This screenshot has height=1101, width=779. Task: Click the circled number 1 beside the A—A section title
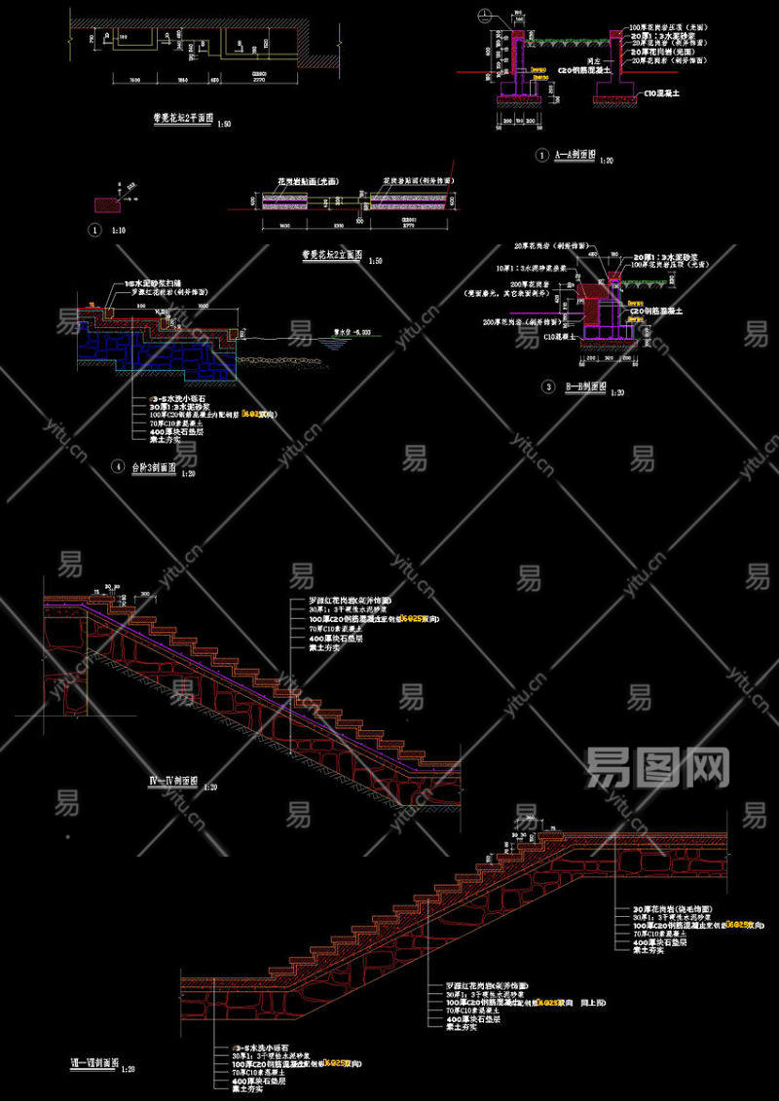pos(542,155)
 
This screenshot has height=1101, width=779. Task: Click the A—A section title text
pos(574,155)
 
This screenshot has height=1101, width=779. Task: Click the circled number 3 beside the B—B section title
pos(548,386)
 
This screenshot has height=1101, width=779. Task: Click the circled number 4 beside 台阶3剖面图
pos(118,467)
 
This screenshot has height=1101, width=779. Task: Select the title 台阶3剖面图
pos(153,467)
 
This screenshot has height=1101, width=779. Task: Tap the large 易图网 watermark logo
pos(657,769)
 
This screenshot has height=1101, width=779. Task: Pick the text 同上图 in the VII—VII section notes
pos(593,1002)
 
